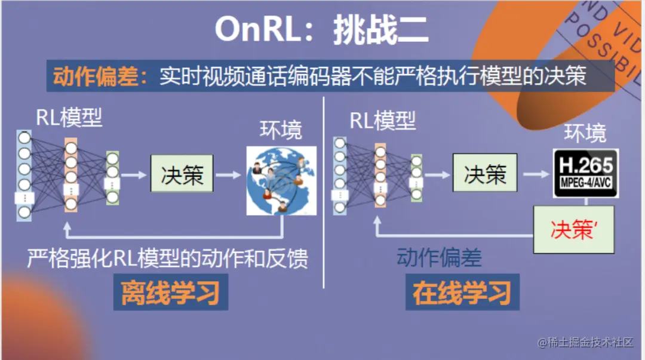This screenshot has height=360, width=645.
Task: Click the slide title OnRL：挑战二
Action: pyautogui.click(x=321, y=28)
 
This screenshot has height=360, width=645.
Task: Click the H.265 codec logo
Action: pyautogui.click(x=585, y=173)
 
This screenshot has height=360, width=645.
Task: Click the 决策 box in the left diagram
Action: pyautogui.click(x=182, y=175)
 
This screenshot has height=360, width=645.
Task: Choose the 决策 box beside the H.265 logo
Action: pyautogui.click(x=485, y=174)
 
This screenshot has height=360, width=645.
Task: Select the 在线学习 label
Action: pyautogui.click(x=462, y=294)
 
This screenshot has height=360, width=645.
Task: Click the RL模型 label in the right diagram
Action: pyautogui.click(x=382, y=121)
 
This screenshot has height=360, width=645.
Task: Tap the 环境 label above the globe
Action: pyautogui.click(x=281, y=130)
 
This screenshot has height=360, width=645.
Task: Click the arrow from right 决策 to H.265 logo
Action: pyautogui.click(x=535, y=174)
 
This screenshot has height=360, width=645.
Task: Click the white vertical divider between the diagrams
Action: pyautogui.click(x=323, y=191)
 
